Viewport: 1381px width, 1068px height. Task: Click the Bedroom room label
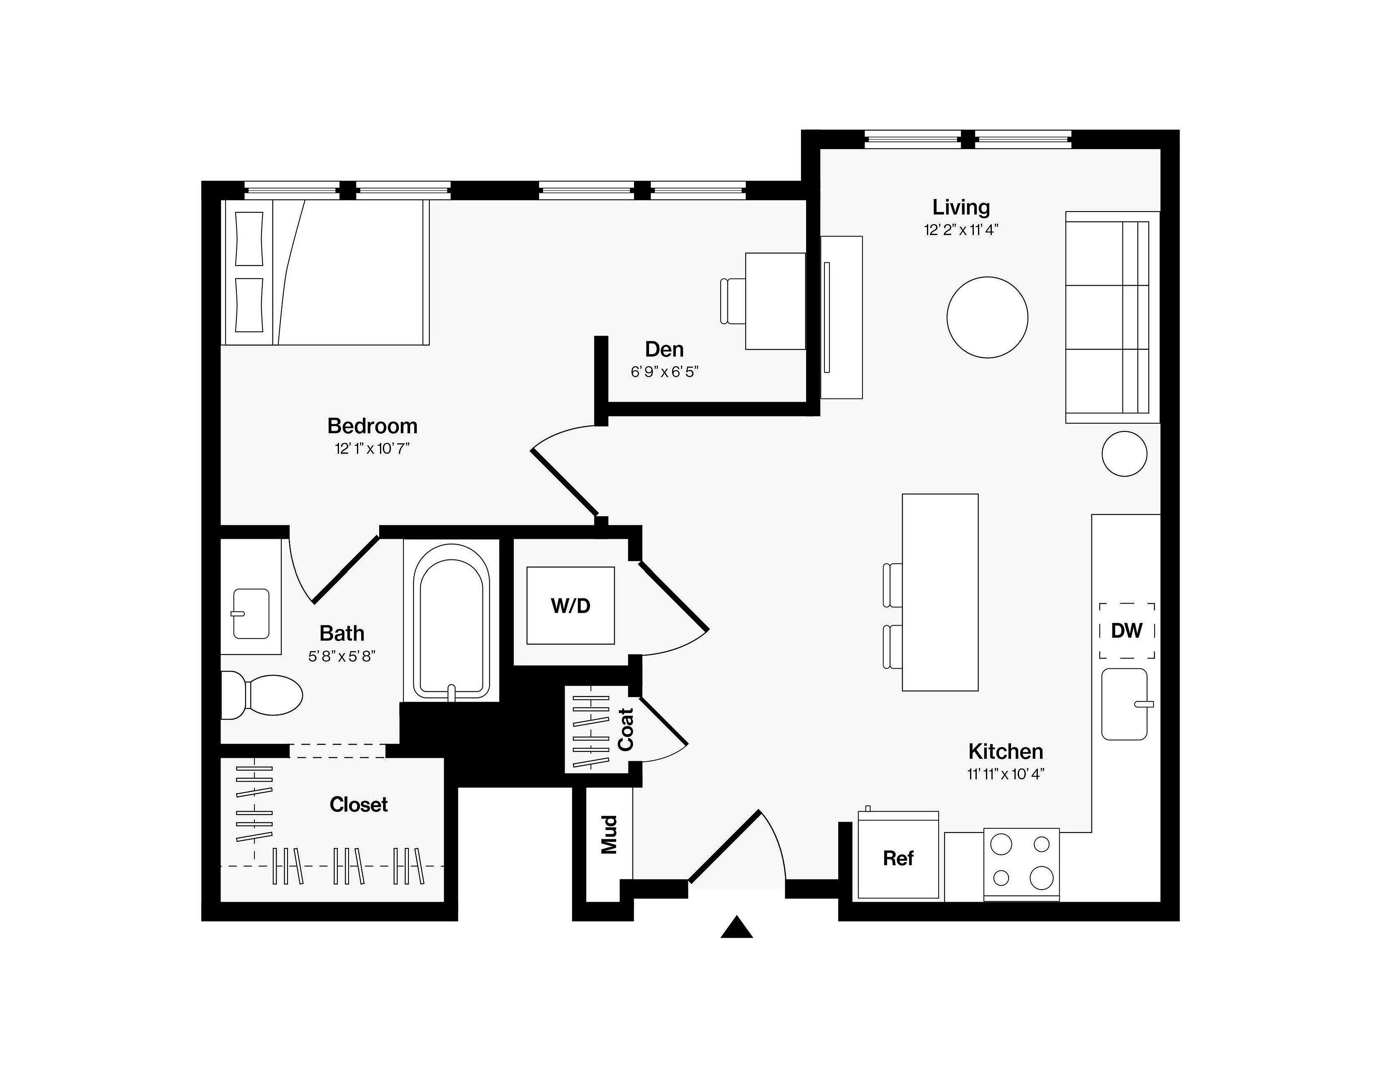372,426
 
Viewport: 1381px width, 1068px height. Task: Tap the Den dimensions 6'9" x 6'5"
664,372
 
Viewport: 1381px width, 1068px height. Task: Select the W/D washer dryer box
570,606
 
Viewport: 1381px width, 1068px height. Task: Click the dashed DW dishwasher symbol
1127,631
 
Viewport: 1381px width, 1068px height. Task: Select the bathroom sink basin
251,614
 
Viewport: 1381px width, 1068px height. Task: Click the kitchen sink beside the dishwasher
1125,704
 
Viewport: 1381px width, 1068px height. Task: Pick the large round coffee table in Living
987,317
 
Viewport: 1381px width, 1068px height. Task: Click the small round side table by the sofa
1124,454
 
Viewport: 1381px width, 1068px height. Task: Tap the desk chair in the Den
733,301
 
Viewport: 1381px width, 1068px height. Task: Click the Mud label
608,835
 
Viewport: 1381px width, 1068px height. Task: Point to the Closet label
359,804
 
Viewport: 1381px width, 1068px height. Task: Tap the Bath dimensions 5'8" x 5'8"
342,656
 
